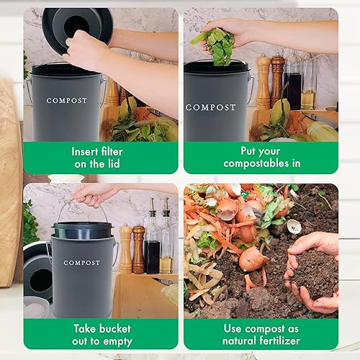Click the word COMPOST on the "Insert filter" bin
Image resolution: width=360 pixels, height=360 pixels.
pos(67,101)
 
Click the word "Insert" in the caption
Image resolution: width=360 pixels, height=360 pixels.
pos(86,151)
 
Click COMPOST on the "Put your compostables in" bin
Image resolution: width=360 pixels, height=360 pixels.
pos(210,107)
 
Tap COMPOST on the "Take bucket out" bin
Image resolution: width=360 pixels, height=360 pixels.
pos(81,263)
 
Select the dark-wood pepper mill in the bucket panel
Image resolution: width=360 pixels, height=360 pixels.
pos(138,249)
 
